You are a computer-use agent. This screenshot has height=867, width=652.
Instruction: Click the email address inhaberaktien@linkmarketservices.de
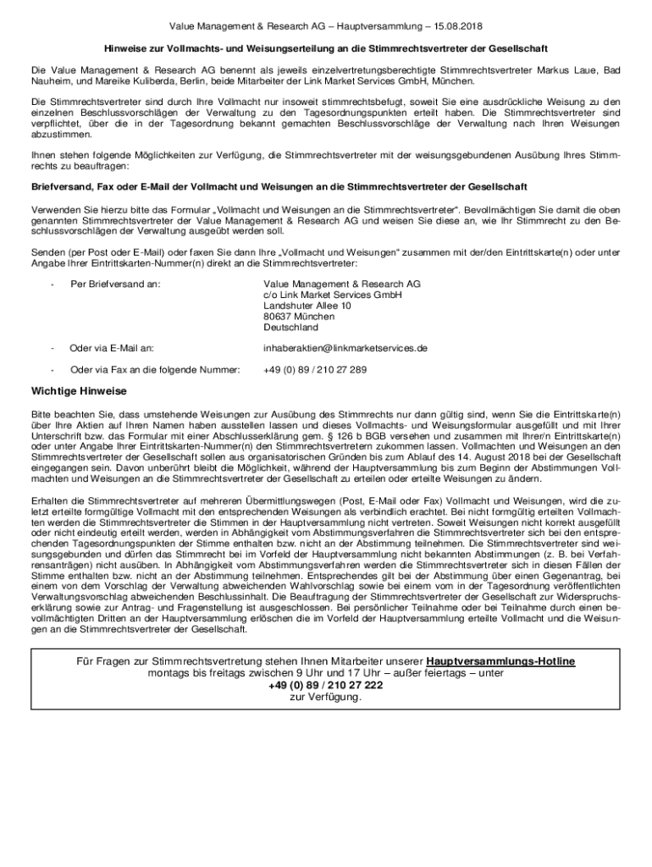[345, 348]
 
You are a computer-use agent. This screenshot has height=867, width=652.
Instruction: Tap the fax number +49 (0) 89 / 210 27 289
[315, 370]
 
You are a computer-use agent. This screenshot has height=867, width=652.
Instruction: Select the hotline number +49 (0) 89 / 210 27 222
[326, 685]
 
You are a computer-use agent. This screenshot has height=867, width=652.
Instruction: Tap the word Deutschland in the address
[290, 327]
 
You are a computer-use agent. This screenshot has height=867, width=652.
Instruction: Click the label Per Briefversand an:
[115, 284]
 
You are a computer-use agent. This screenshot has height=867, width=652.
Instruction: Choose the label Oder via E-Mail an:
[112, 348]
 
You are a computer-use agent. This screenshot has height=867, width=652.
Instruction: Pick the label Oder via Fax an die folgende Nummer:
[155, 370]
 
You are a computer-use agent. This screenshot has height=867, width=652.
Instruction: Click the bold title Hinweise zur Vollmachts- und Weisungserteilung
[326, 48]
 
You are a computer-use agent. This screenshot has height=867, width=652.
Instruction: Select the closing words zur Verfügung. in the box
[326, 697]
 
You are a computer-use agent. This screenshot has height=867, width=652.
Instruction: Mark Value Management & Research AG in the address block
[341, 284]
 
